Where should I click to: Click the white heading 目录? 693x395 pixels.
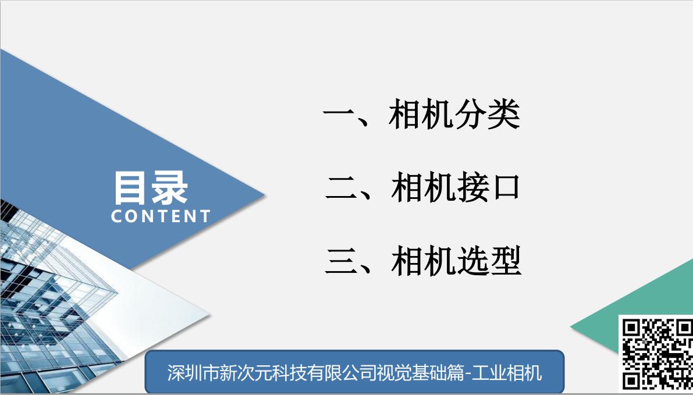pyautogui.click(x=151, y=188)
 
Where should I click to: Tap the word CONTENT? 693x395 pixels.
pyautogui.click(x=161, y=216)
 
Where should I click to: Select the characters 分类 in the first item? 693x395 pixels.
pyautogui.click(x=487, y=114)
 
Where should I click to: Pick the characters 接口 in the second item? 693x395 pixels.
pyautogui.click(x=488, y=188)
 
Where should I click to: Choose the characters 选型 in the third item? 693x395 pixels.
pyautogui.click(x=489, y=261)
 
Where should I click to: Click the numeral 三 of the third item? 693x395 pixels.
pyautogui.click(x=342, y=262)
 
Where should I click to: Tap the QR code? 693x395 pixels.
pyautogui.click(x=656, y=355)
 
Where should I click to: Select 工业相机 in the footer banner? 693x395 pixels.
pyautogui.click(x=506, y=373)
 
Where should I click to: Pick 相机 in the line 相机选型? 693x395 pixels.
pyautogui.click(x=424, y=261)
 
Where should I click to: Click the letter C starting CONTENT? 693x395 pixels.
pyautogui.click(x=117, y=216)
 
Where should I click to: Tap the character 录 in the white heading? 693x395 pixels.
pyautogui.click(x=170, y=188)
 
